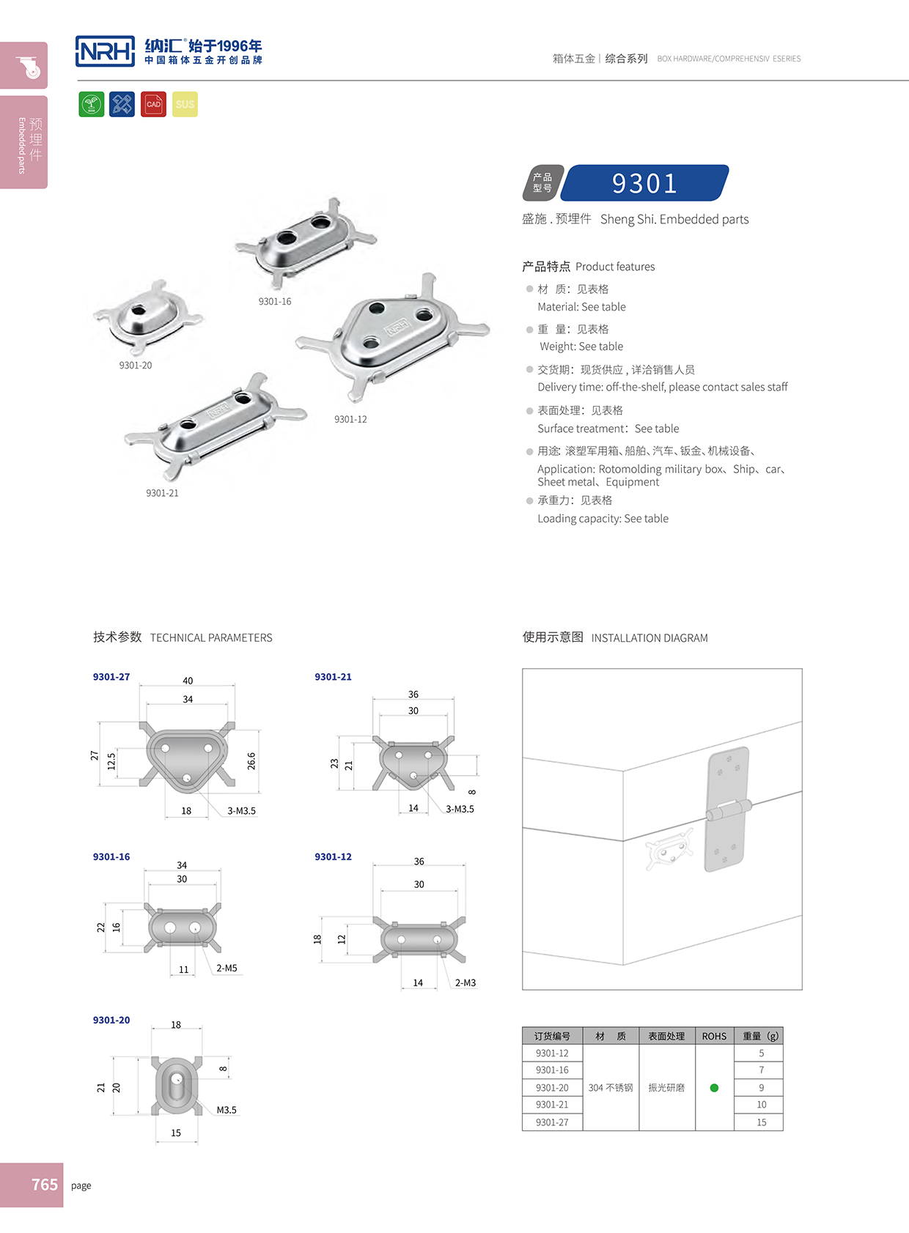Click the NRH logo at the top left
point(105,51)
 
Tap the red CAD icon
point(153,104)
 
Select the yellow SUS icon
point(185,104)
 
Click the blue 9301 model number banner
point(644,183)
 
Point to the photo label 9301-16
point(274,302)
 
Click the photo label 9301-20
point(136,366)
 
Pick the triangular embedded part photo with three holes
point(392,333)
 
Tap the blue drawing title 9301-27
point(111,677)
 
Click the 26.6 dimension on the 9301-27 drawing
point(251,760)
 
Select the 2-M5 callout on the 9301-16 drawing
point(227,969)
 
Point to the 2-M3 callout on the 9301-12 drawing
point(465,983)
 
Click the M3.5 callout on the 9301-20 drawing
point(227,1110)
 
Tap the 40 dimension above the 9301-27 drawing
point(188,681)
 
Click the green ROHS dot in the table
point(714,1088)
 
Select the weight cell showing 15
point(761,1122)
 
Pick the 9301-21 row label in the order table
point(552,1105)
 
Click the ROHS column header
point(714,1036)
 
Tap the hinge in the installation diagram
point(727,809)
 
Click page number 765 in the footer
point(44,1185)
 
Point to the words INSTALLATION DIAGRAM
point(649,638)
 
